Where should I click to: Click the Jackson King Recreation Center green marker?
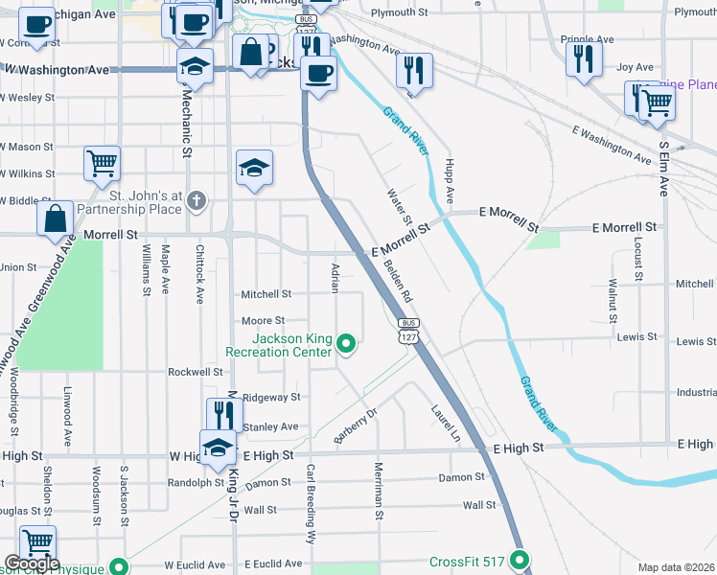pos(347,341)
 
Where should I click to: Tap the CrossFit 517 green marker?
pos(520,561)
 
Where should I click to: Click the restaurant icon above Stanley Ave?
pos(224,415)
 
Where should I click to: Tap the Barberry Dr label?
pos(356,423)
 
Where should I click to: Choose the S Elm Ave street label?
pos(662,169)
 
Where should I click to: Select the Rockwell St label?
pos(195,372)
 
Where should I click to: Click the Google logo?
pos(33,564)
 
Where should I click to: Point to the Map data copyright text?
pos(676,567)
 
